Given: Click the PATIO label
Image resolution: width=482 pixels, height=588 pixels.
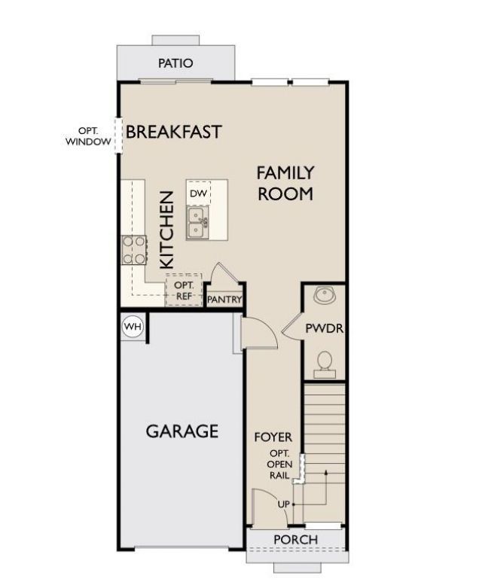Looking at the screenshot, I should point(175,63).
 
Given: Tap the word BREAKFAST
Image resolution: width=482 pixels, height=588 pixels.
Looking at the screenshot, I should point(174,132).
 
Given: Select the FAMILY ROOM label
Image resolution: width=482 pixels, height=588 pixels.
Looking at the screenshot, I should point(285,183).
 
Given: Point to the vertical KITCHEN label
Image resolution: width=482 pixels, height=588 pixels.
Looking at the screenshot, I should point(166,230).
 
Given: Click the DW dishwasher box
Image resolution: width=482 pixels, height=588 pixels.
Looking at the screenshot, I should point(198,193).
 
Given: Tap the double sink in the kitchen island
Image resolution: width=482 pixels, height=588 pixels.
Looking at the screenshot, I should point(198,222).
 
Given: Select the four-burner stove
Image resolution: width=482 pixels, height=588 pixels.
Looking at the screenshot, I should point(135,250).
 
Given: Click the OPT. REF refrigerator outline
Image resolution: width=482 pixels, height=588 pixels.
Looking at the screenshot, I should point(184,290).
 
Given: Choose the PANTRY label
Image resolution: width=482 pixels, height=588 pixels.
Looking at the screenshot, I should point(225,300).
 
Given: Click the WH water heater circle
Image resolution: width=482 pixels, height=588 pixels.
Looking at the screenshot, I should point(133,327).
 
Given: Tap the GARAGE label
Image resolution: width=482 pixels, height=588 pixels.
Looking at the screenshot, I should point(182,431).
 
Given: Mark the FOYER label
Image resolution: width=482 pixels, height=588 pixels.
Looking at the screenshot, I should point(273,437).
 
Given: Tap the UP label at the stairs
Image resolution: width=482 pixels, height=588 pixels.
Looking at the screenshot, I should point(283,503).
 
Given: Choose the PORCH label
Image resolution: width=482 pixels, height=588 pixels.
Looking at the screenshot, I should point(295,540).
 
